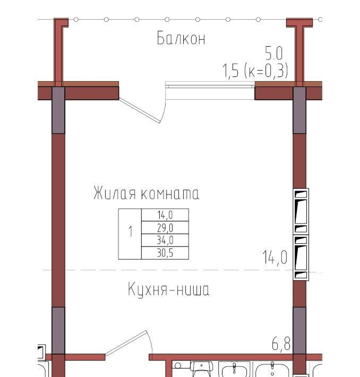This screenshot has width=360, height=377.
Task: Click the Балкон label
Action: pos(181,38)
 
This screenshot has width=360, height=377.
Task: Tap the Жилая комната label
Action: pos(146,193)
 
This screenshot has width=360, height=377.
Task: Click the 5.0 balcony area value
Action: pos(273,53)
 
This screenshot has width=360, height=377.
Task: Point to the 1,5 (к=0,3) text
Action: pos(255,71)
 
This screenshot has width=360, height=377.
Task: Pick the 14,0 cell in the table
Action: pos(165,215)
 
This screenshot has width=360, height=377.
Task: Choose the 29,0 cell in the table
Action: pos(165,227)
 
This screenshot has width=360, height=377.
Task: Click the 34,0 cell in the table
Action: pos(165,240)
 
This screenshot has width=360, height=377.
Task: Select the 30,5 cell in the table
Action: pos(165,253)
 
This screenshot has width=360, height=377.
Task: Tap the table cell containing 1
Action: pos(130,234)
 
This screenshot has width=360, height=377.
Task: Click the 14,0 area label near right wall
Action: pos(275,258)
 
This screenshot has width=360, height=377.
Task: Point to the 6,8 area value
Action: pos(281,344)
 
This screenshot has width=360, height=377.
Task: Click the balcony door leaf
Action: pos(140,110)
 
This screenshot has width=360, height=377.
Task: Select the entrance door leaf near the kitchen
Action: pos(126,343)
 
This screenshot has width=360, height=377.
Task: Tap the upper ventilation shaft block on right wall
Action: pos(301,211)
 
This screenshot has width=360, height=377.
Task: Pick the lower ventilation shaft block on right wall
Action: pos(301,258)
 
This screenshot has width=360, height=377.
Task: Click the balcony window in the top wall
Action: pos(210,90)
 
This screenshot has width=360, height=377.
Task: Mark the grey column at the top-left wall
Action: pos(58,110)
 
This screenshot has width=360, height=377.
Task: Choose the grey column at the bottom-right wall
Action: pos(299,330)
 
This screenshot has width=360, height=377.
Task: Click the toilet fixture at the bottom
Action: pos(202,370)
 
